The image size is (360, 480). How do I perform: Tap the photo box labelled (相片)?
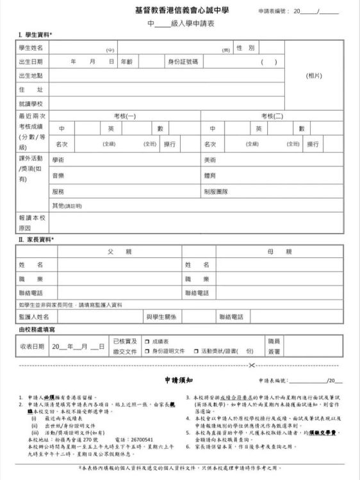(x=314, y=75)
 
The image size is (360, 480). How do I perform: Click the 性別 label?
(x=245, y=48)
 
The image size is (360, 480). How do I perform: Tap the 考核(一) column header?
(x=125, y=116)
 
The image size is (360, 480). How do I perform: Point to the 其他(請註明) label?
(x=67, y=205)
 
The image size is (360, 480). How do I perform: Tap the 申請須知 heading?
(x=179, y=380)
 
